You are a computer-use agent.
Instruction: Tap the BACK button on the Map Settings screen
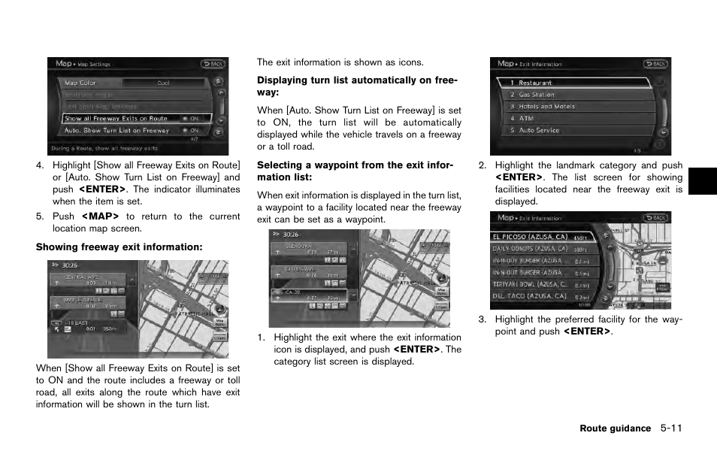(213, 64)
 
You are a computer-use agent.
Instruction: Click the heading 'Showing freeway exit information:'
(120, 247)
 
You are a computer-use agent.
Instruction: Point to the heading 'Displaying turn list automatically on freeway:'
(357, 86)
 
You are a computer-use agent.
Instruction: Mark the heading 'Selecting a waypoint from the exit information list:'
(355, 171)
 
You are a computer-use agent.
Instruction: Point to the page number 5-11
(671, 428)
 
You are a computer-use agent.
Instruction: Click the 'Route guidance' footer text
(615, 428)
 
